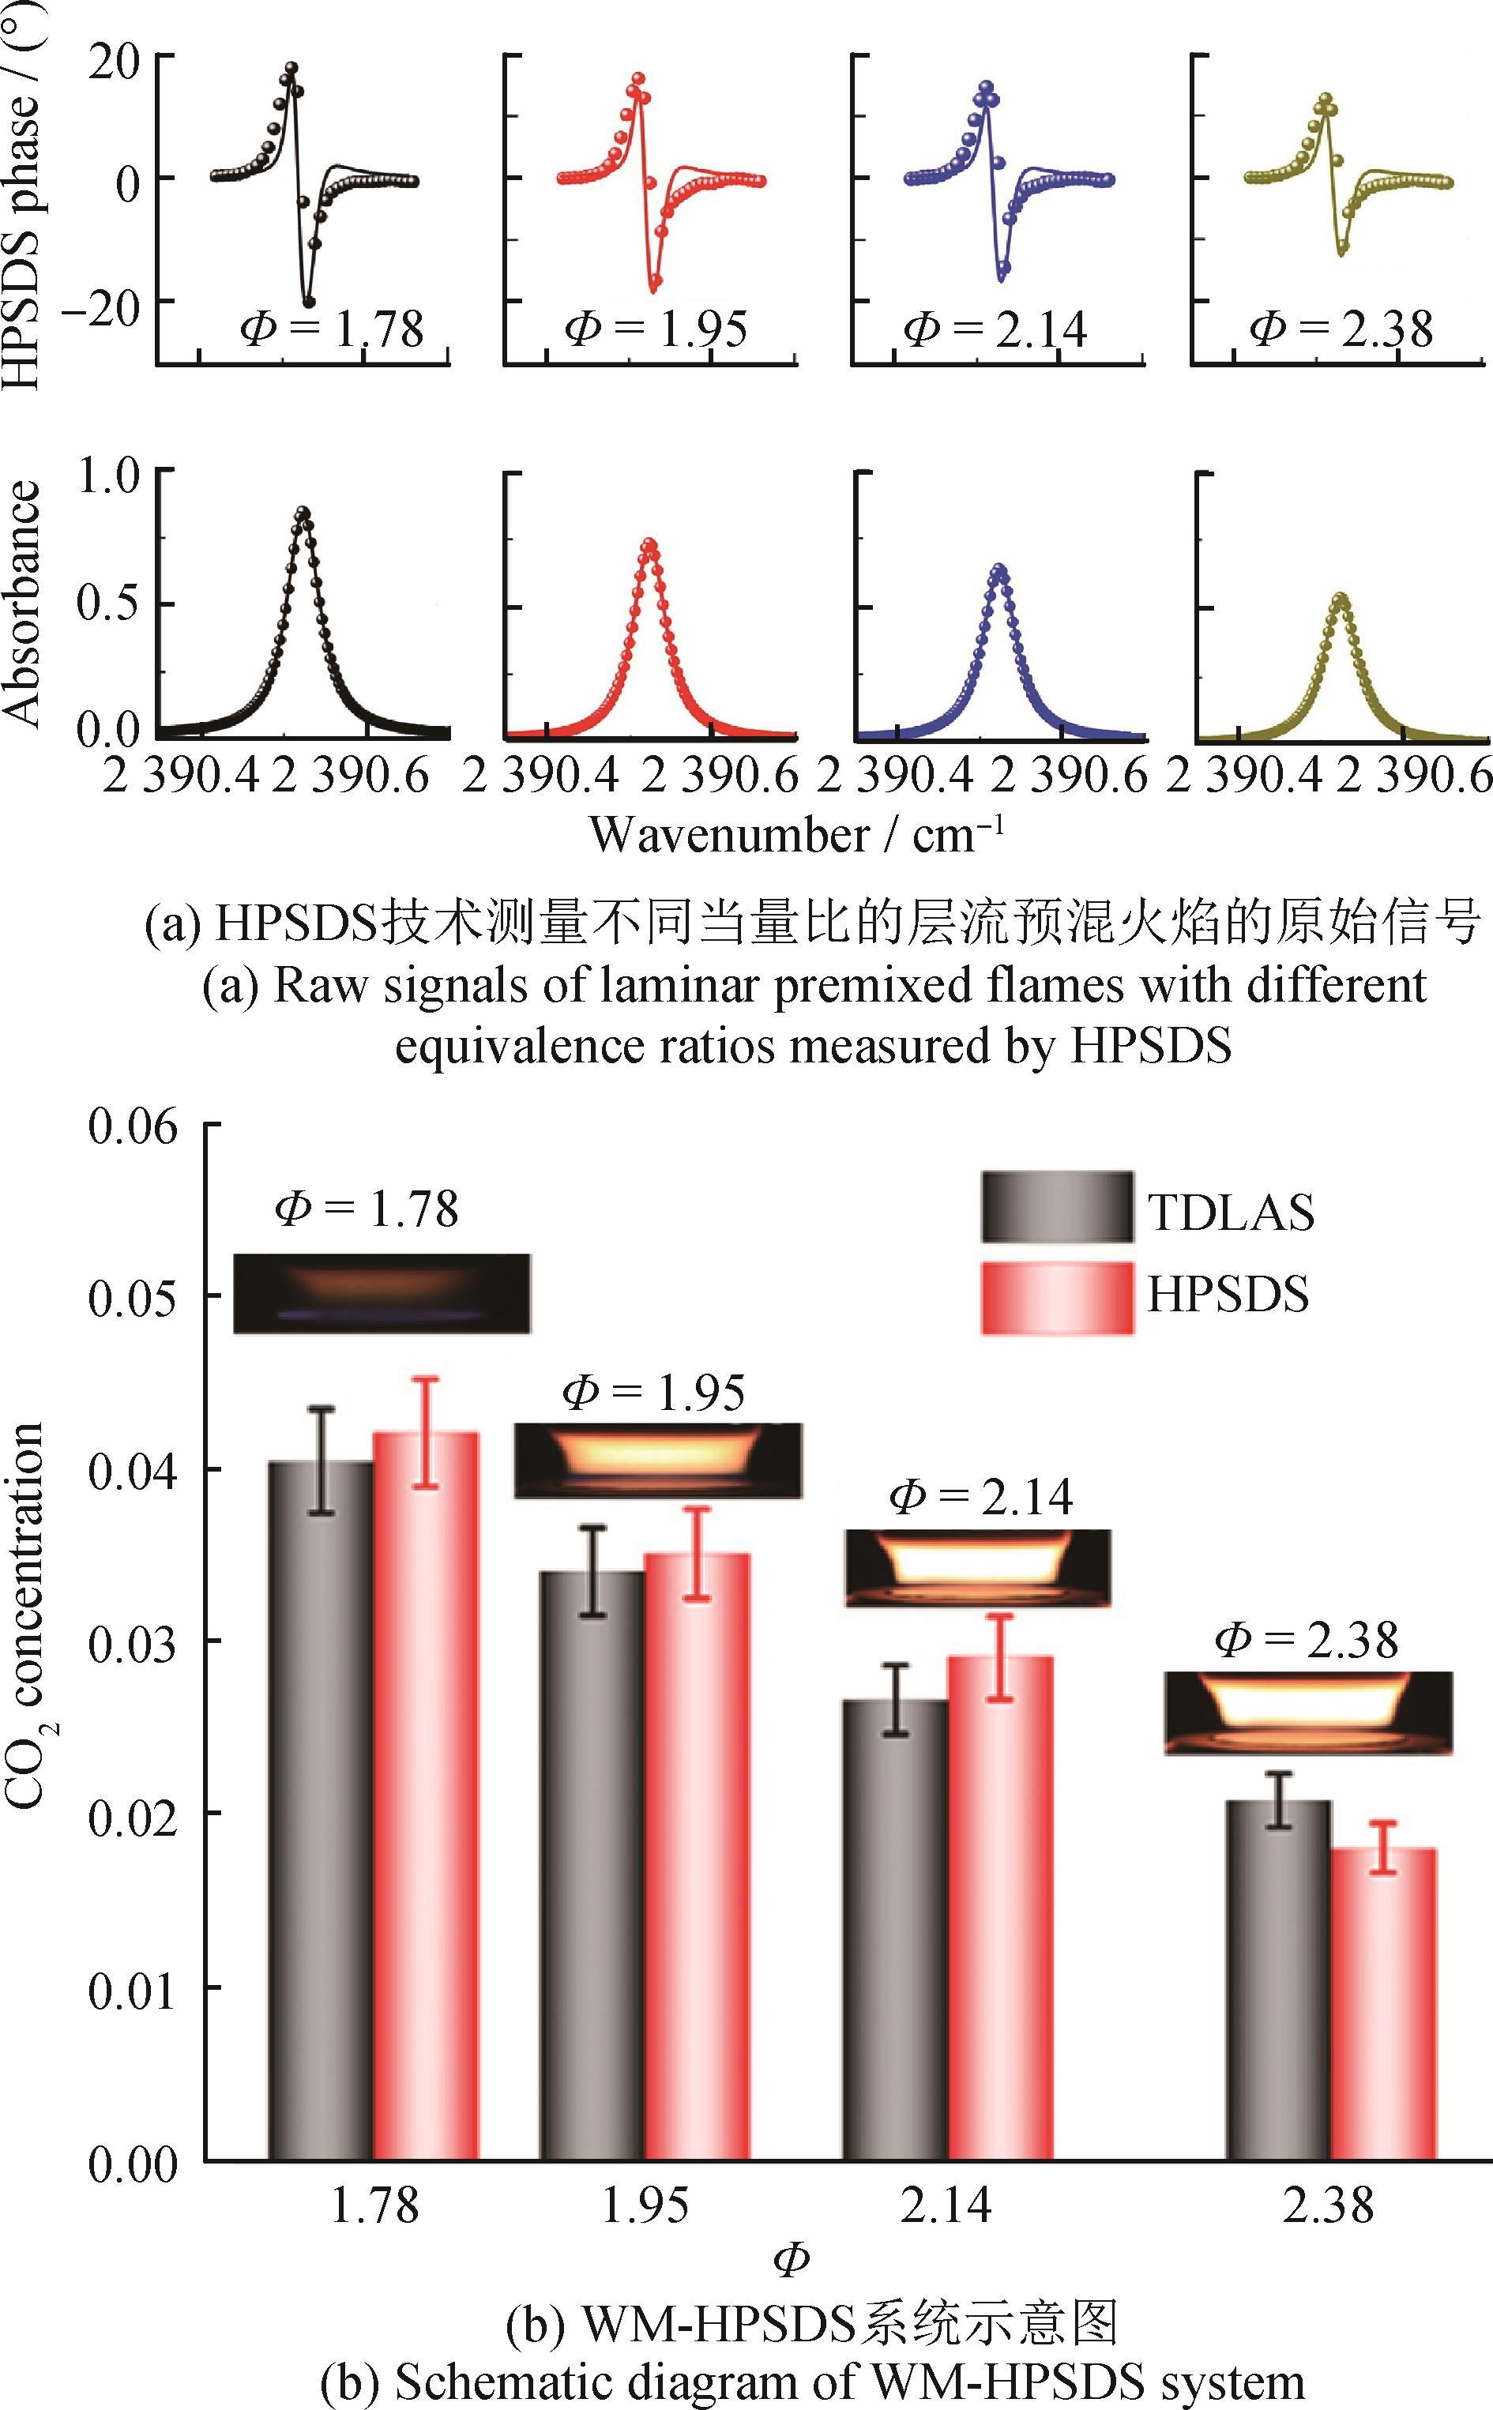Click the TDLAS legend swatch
click(1057, 1206)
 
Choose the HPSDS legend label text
click(1228, 1293)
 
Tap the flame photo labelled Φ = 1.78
click(381, 1292)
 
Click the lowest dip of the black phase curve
click(308, 302)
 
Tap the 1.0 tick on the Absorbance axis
click(114, 475)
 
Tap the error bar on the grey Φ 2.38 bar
click(1278, 1799)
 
